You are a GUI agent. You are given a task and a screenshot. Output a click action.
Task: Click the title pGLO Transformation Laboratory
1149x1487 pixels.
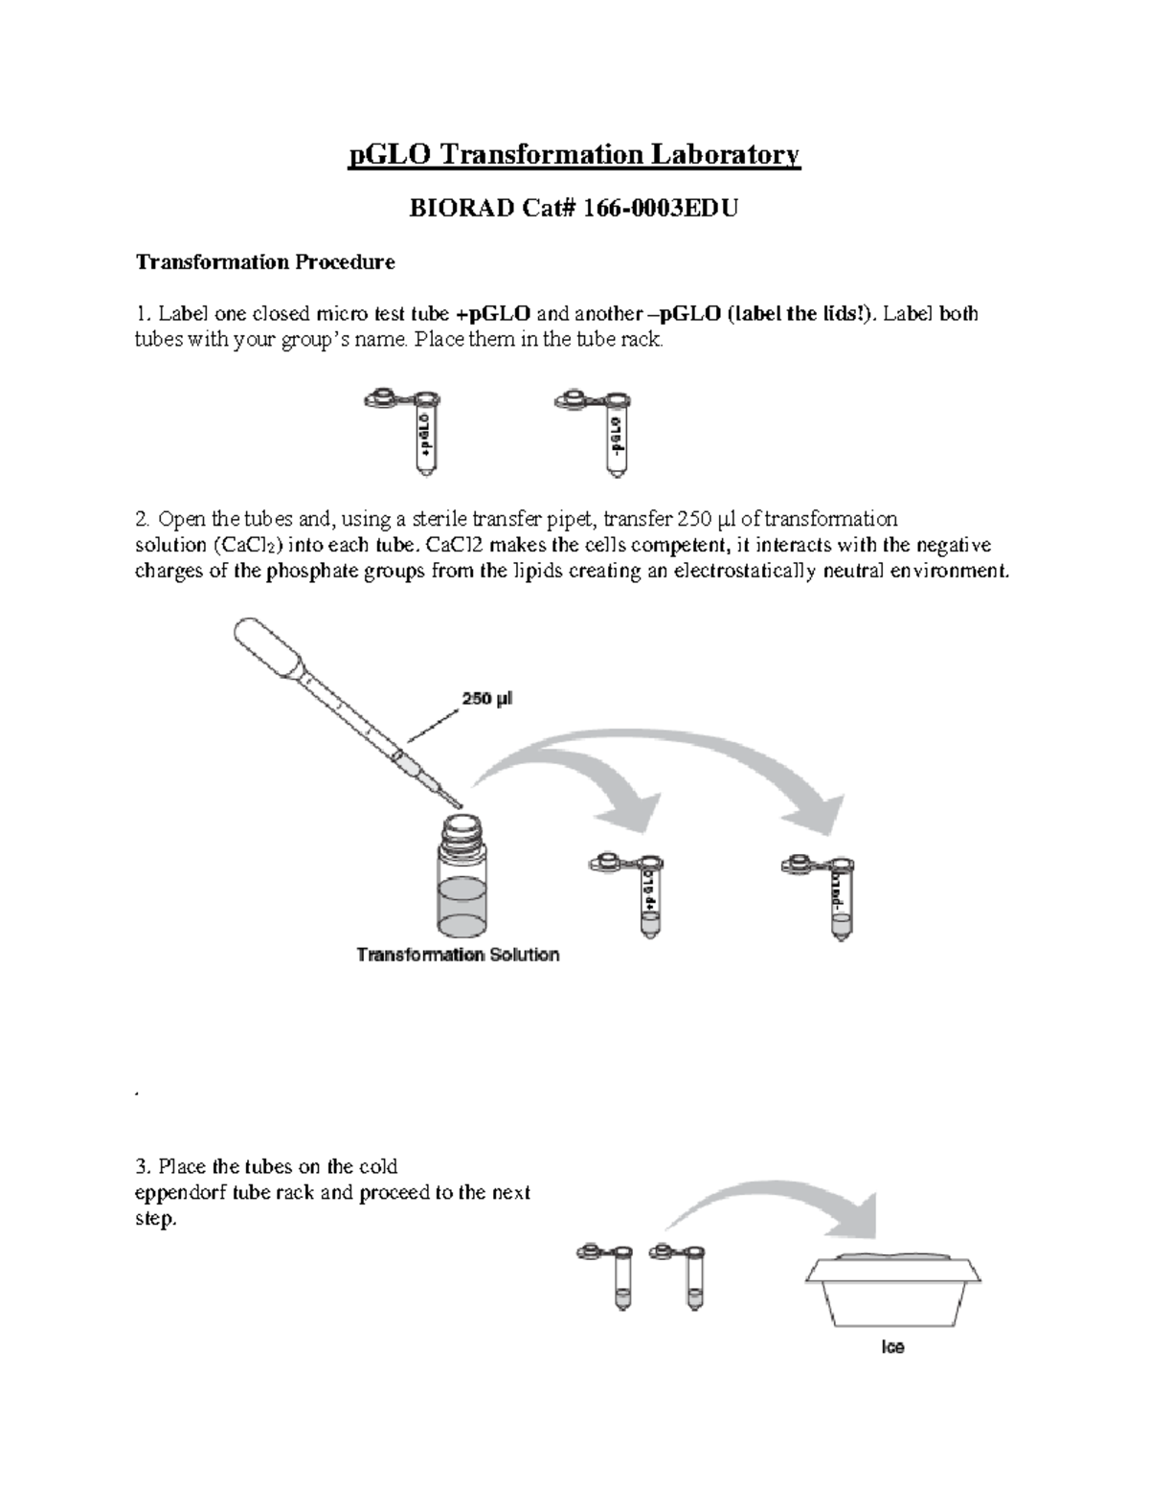tap(574, 154)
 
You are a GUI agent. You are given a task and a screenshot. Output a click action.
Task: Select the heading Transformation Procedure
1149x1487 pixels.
tap(264, 261)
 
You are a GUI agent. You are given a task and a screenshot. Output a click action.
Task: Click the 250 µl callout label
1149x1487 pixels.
tap(488, 699)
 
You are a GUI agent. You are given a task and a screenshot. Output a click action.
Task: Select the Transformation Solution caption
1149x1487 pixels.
tap(458, 955)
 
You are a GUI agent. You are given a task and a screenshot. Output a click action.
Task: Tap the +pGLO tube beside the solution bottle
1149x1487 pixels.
tap(647, 894)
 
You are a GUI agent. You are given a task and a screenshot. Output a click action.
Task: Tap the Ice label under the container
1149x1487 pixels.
tap(892, 1347)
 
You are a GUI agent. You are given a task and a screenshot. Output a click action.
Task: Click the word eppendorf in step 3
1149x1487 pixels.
tap(179, 1193)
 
